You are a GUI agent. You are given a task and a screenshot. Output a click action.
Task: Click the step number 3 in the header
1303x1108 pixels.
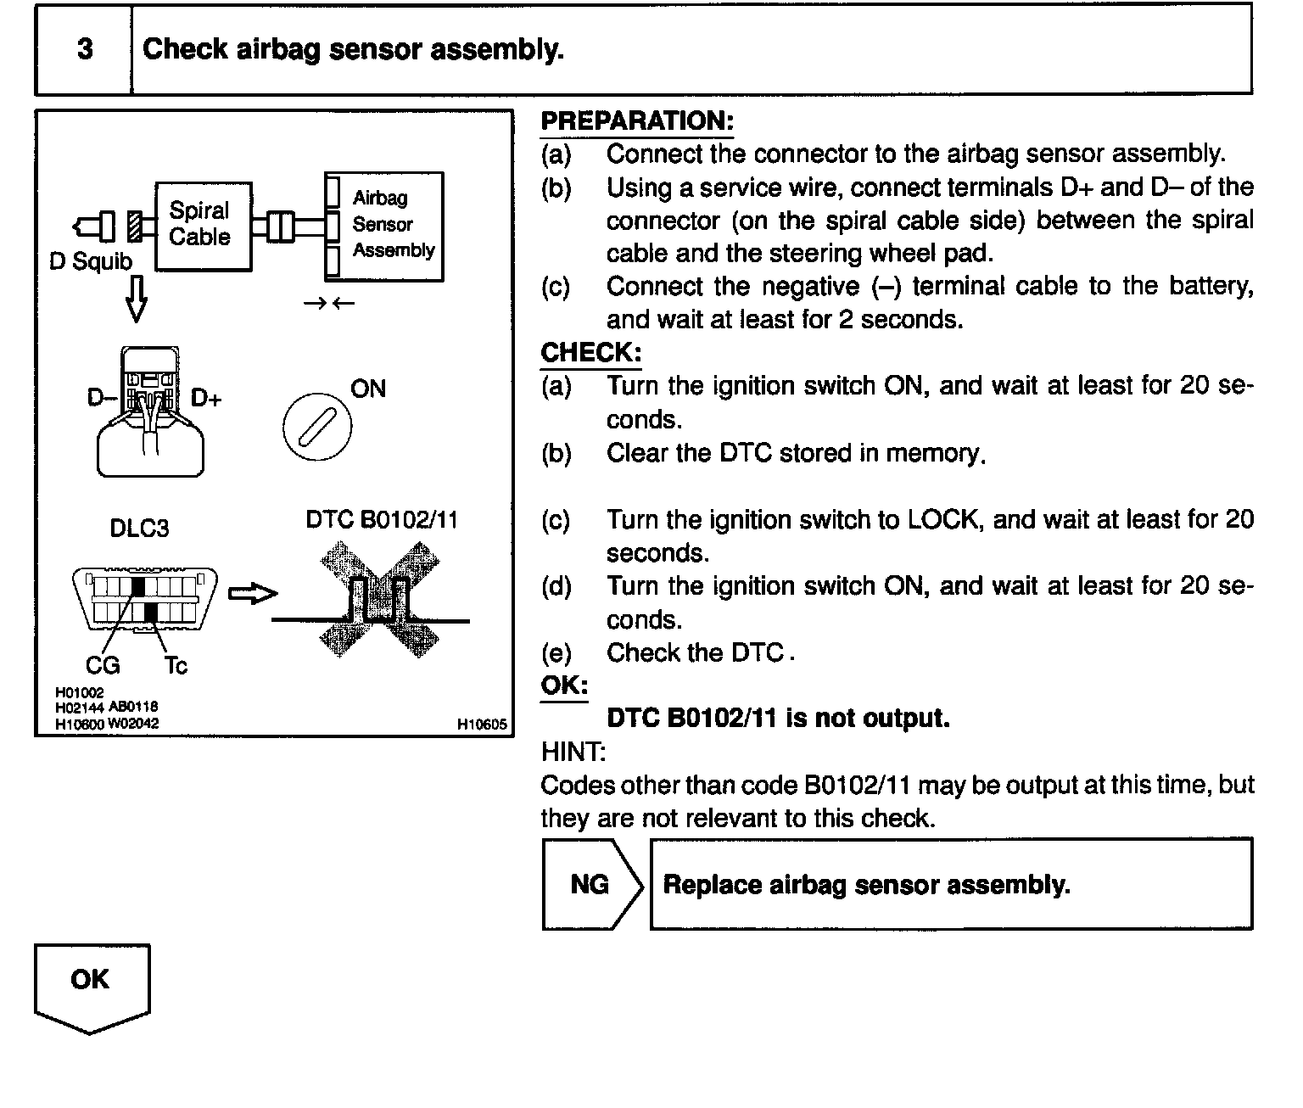pyautogui.click(x=85, y=49)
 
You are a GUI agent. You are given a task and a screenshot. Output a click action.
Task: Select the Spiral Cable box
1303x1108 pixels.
pyautogui.click(x=203, y=226)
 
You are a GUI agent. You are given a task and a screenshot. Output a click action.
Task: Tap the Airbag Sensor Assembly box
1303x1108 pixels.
pyautogui.click(x=384, y=226)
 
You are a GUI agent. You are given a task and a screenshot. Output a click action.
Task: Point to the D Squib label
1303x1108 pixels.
pyautogui.click(x=91, y=261)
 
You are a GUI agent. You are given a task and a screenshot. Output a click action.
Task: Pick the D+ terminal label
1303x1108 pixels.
pyautogui.click(x=206, y=397)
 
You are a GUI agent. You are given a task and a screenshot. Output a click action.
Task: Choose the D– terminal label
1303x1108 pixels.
pyautogui.click(x=101, y=396)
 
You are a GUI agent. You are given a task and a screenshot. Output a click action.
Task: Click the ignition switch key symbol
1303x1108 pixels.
pyautogui.click(x=316, y=425)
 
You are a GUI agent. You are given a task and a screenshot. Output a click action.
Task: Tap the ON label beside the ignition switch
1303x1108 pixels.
pyautogui.click(x=367, y=389)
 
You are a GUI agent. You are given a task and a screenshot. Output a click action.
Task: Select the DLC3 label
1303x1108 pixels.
pyautogui.click(x=139, y=529)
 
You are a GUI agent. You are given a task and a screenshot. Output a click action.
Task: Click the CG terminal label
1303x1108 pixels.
pyautogui.click(x=103, y=665)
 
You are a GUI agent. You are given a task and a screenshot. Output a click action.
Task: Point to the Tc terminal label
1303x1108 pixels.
pyautogui.click(x=176, y=666)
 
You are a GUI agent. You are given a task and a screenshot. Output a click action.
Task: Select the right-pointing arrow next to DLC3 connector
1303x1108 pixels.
pyautogui.click(x=253, y=594)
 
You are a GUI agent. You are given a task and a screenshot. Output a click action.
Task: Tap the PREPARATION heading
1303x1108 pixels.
pyautogui.click(x=636, y=121)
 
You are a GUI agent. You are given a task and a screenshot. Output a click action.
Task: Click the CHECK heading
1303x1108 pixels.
pyautogui.click(x=590, y=353)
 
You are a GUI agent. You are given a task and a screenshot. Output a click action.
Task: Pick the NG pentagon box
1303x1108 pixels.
pyautogui.click(x=590, y=885)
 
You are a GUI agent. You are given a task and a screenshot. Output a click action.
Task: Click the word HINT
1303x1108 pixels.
pyautogui.click(x=573, y=752)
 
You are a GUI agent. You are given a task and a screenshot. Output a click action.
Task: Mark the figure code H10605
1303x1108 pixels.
pyautogui.click(x=482, y=725)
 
